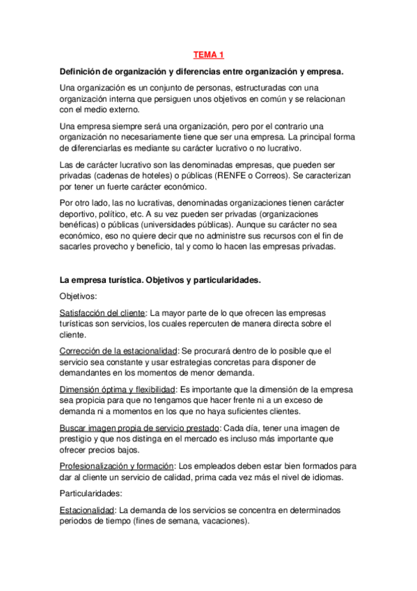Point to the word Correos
tap(296, 177)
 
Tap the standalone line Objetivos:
tap(80, 296)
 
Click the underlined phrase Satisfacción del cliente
tap(102, 313)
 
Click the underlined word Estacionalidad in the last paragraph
tap(87, 510)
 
